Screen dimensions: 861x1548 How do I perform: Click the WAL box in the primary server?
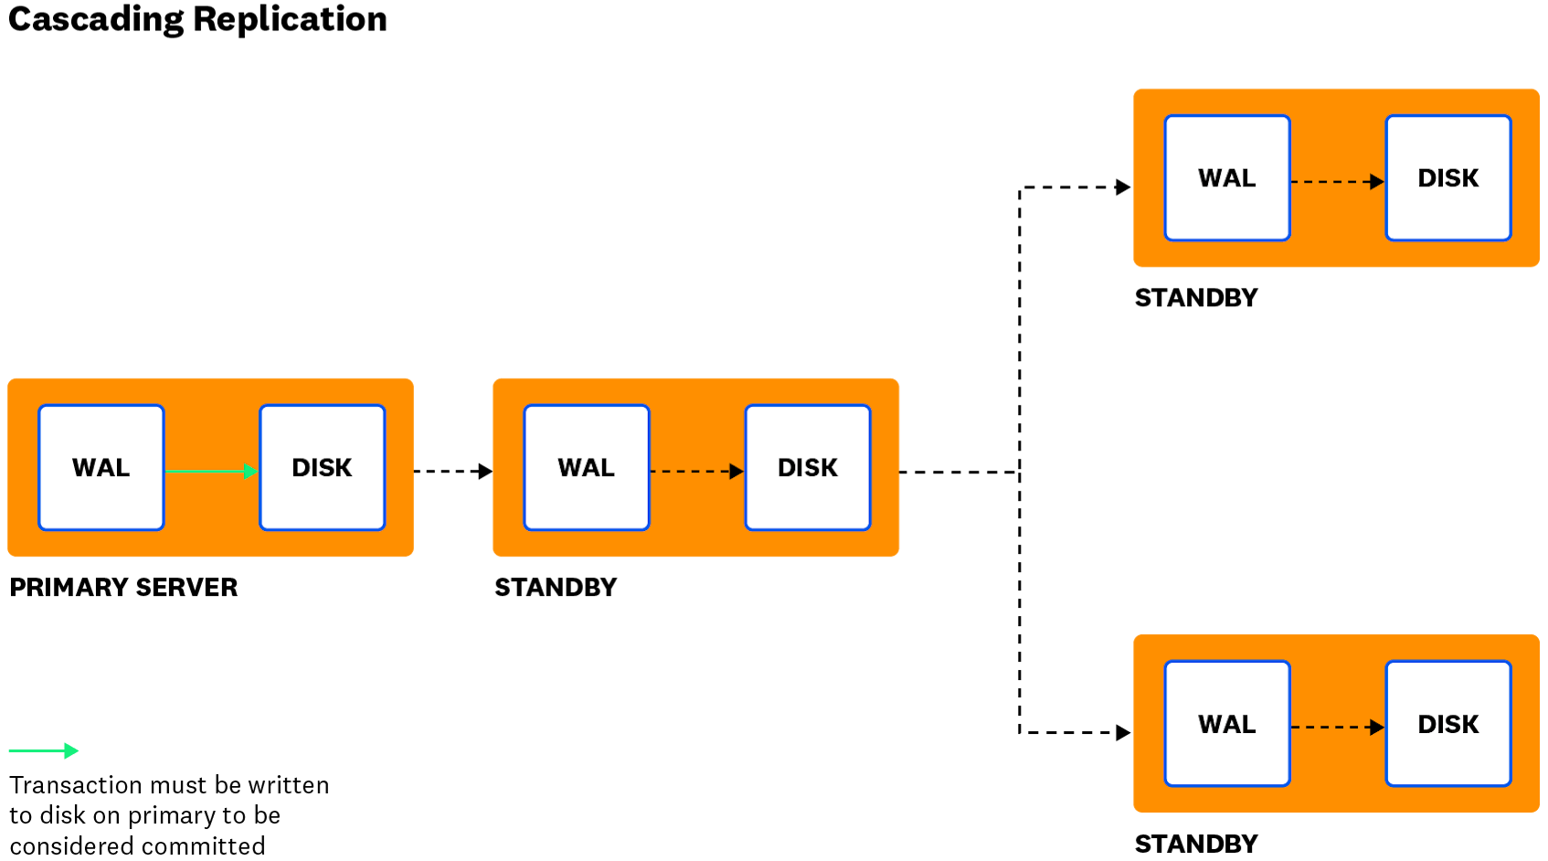tap(101, 468)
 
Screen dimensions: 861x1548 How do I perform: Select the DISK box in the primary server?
tap(322, 468)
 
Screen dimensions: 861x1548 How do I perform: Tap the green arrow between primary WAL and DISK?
tap(210, 472)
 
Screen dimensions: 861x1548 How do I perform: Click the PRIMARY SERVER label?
tap(123, 588)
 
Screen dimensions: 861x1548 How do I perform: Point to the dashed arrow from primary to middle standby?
tap(452, 472)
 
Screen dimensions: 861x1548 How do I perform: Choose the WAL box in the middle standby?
tap(587, 468)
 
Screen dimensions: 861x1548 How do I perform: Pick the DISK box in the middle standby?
tap(808, 468)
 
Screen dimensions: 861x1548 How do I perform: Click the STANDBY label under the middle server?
tap(556, 588)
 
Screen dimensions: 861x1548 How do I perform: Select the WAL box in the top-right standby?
tap(1227, 178)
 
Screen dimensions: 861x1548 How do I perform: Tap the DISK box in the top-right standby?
tap(1448, 178)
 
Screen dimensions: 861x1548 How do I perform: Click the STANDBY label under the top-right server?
tap(1196, 298)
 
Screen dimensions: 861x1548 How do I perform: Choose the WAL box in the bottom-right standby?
tap(1227, 724)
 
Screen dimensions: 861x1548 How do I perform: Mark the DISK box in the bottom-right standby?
tap(1448, 724)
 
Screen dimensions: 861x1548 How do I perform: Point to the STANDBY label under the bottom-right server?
tap(1196, 845)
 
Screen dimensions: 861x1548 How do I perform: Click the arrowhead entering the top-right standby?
tap(1124, 187)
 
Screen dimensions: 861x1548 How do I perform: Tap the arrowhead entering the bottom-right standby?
tap(1124, 733)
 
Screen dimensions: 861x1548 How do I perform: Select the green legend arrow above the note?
tap(44, 751)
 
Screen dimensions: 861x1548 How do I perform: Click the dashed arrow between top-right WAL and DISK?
tap(1337, 182)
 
